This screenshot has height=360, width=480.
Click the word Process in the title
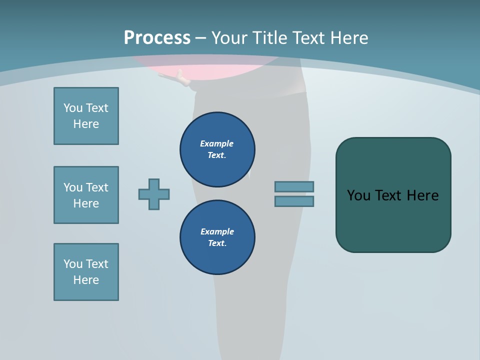click(157, 38)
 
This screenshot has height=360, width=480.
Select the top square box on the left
click(86, 116)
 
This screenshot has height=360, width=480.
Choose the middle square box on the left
click(86, 195)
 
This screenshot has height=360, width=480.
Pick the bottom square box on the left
click(86, 272)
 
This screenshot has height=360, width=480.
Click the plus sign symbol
click(154, 194)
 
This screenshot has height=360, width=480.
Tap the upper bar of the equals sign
click(294, 186)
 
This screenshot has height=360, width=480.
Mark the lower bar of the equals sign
click(294, 201)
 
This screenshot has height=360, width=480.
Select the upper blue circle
click(217, 149)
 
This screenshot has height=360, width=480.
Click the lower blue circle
click(217, 237)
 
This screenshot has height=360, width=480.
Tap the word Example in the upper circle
click(216, 143)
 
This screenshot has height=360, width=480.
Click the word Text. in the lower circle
click(217, 243)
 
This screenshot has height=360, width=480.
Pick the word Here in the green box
click(422, 195)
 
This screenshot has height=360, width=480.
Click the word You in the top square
click(73, 108)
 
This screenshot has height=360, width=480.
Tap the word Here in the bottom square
click(86, 280)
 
